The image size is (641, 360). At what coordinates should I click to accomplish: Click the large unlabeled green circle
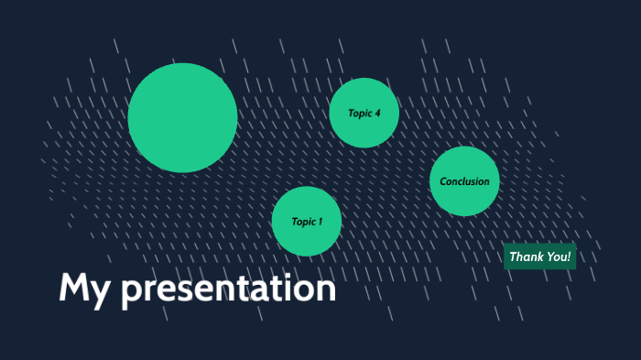pos(182,117)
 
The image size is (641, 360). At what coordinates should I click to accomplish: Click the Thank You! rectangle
pos(540,257)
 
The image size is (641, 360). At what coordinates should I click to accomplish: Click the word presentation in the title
pos(228,290)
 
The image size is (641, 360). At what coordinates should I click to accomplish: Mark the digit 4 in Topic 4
pos(376,114)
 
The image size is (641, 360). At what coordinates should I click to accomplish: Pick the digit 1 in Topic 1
pos(320,222)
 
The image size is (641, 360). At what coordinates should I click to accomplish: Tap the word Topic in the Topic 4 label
pos(359,114)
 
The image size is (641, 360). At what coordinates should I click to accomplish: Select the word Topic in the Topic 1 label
pos(303,222)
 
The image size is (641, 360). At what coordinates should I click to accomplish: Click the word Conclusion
pos(464,181)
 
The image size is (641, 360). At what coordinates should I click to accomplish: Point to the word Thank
pos(526,257)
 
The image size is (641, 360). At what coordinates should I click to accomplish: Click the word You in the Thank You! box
pos(556,257)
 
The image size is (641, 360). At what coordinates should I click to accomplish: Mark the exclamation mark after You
pos(569,257)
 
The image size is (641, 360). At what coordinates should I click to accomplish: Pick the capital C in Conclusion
pos(443,181)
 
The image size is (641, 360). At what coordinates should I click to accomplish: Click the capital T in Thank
pos(513,257)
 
